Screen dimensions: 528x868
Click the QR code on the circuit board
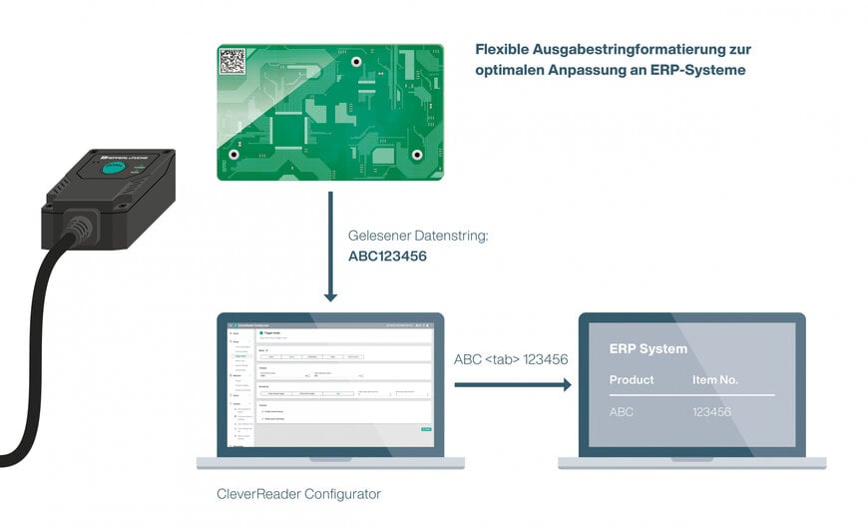pyautogui.click(x=232, y=61)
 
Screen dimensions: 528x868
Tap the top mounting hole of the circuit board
pyautogui.click(x=356, y=62)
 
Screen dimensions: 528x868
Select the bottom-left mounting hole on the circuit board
pyautogui.click(x=233, y=155)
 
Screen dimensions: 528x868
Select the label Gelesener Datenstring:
pyautogui.click(x=419, y=237)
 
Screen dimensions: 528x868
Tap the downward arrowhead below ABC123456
pyautogui.click(x=331, y=295)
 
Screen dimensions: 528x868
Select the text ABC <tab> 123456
pyautogui.click(x=511, y=359)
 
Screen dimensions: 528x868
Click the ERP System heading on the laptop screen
pyautogui.click(x=648, y=349)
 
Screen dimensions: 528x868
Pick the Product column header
pyautogui.click(x=632, y=380)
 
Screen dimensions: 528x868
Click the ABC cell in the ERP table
pyautogui.click(x=622, y=411)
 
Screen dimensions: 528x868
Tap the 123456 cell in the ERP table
pyautogui.click(x=711, y=411)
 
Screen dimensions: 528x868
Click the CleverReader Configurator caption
pyautogui.click(x=298, y=493)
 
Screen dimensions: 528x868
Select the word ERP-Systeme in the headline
pyautogui.click(x=694, y=71)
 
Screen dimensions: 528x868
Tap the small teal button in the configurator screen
pyautogui.click(x=426, y=429)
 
